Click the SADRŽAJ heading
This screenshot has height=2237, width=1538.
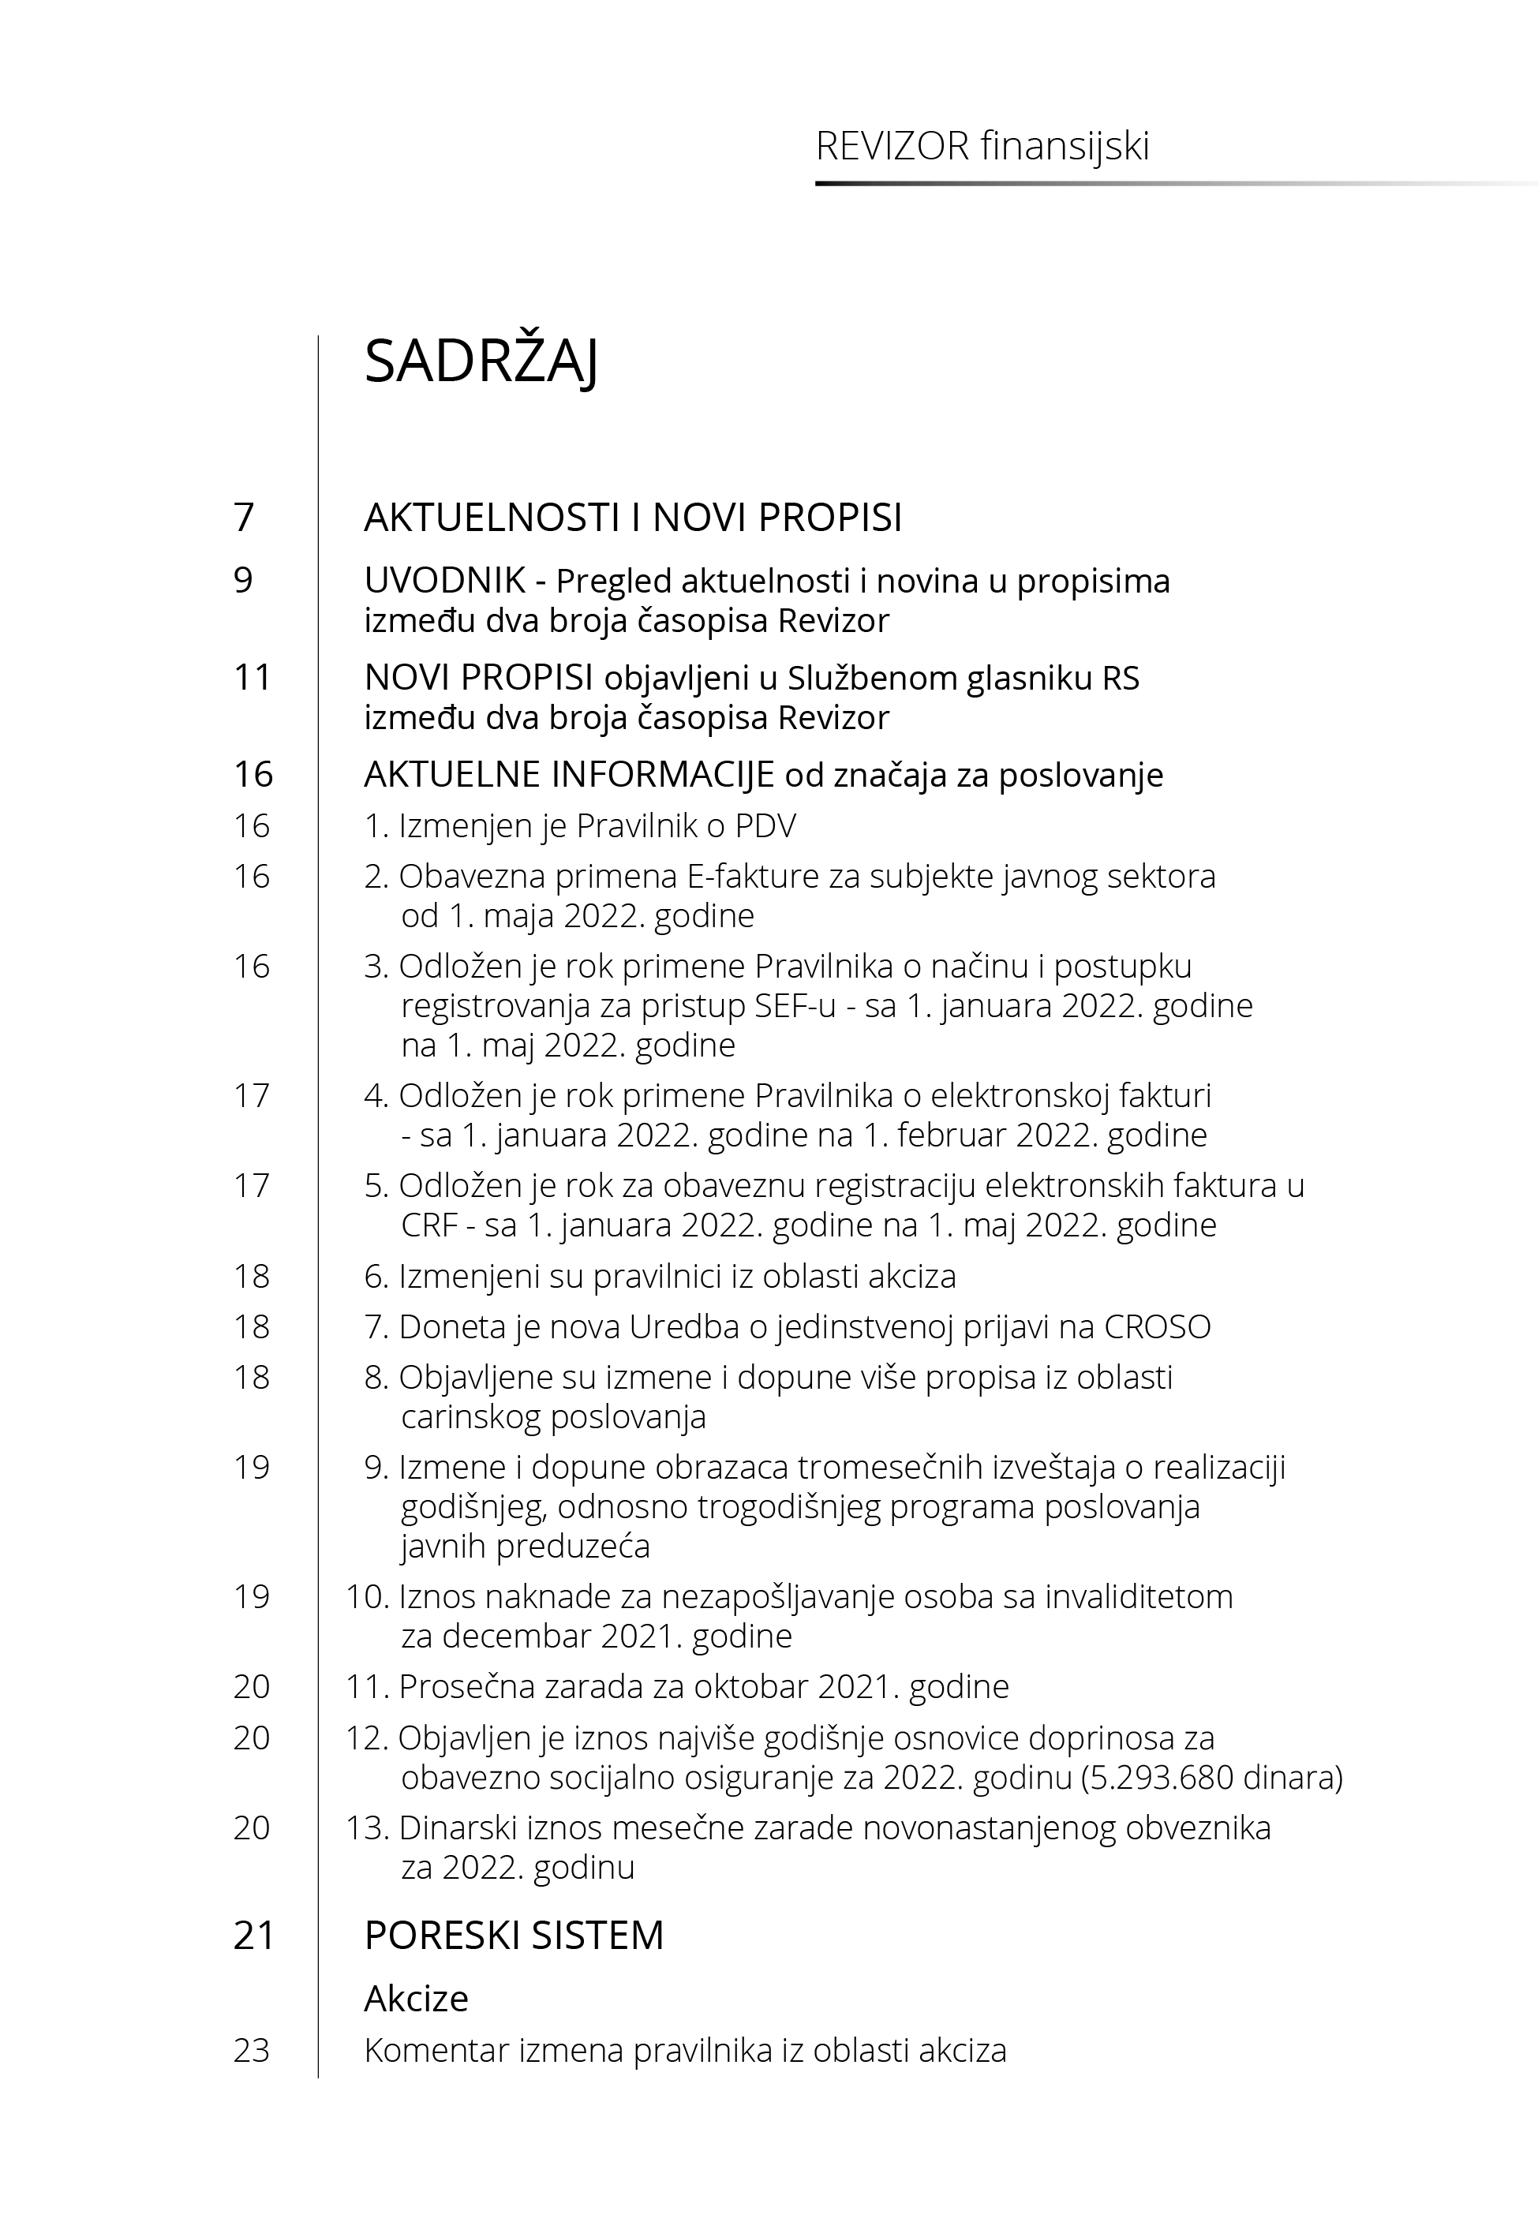pyautogui.click(x=481, y=362)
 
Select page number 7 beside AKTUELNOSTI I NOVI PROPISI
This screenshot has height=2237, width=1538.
pyautogui.click(x=244, y=518)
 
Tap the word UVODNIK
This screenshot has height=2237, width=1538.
pyautogui.click(x=444, y=581)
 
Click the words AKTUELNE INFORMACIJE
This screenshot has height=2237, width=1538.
pyautogui.click(x=568, y=775)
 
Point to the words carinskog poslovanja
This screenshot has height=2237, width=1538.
pyautogui.click(x=553, y=1417)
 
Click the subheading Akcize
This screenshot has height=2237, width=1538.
pyautogui.click(x=417, y=1999)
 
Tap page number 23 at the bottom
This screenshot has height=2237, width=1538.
pyautogui.click(x=252, y=2050)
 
